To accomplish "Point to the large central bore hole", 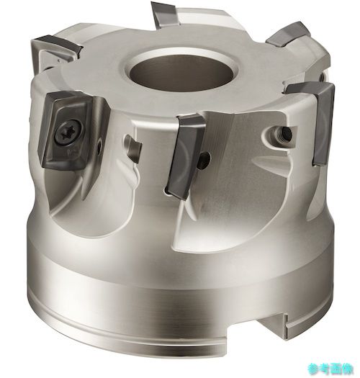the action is pyautogui.click(x=181, y=72).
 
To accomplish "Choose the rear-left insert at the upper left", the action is pyautogui.click(x=58, y=46).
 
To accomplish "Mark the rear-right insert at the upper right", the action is pyautogui.click(x=288, y=33).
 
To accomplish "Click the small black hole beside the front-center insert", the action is pyautogui.click(x=204, y=161).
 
